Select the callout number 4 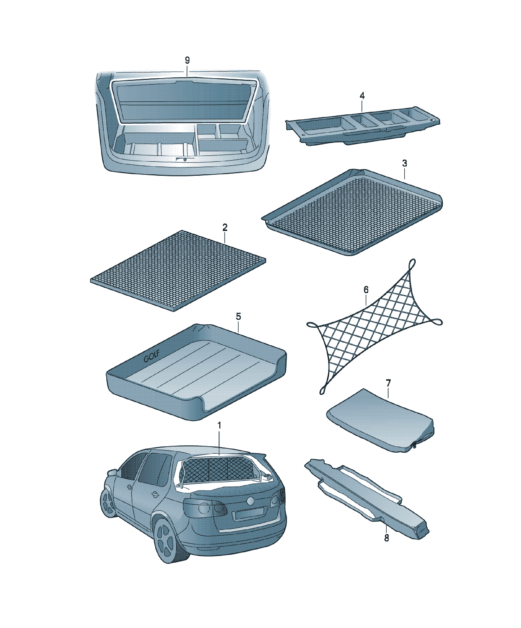(x=362, y=96)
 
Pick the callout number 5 (x=238, y=316)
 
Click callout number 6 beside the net (x=366, y=289)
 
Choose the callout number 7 (x=388, y=383)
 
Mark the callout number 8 (x=387, y=538)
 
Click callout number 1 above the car (x=219, y=425)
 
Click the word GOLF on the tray (x=151, y=356)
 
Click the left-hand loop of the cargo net (x=313, y=325)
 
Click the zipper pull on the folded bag (x=414, y=445)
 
